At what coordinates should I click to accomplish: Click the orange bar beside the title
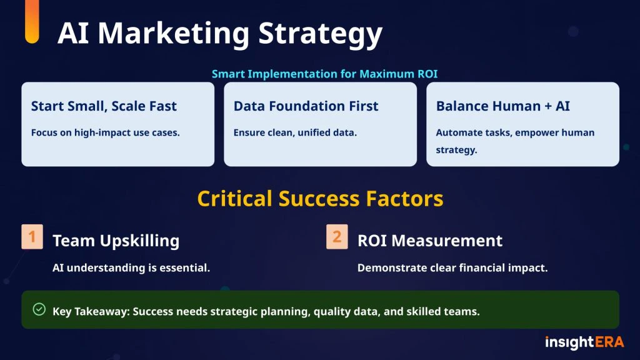pyautogui.click(x=32, y=21)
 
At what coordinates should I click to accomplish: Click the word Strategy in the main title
pyautogui.click(x=321, y=34)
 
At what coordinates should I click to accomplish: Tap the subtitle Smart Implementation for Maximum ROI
pyautogui.click(x=324, y=74)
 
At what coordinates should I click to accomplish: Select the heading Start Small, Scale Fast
pyautogui.click(x=104, y=106)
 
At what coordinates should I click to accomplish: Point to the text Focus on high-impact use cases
pyautogui.click(x=105, y=132)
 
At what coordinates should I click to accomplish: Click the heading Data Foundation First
pyautogui.click(x=306, y=106)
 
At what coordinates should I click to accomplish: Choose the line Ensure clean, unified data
pyautogui.click(x=295, y=132)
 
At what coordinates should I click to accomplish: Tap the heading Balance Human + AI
pyautogui.click(x=503, y=106)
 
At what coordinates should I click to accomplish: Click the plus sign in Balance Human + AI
pyautogui.click(x=548, y=107)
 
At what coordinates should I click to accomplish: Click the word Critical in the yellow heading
pyautogui.click(x=235, y=199)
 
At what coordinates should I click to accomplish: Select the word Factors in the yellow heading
pyautogui.click(x=404, y=199)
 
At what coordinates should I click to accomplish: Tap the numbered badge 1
pyautogui.click(x=32, y=237)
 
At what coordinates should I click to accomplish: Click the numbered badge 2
pyautogui.click(x=337, y=237)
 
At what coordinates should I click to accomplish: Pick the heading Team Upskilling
pyautogui.click(x=116, y=241)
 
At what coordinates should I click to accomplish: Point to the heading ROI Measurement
pyautogui.click(x=430, y=241)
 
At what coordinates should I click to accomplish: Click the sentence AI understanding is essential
pyautogui.click(x=131, y=267)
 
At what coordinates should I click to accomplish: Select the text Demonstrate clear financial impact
pyautogui.click(x=452, y=267)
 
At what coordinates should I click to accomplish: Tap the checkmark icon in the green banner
pyautogui.click(x=39, y=309)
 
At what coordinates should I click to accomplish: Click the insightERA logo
pyautogui.click(x=584, y=342)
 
